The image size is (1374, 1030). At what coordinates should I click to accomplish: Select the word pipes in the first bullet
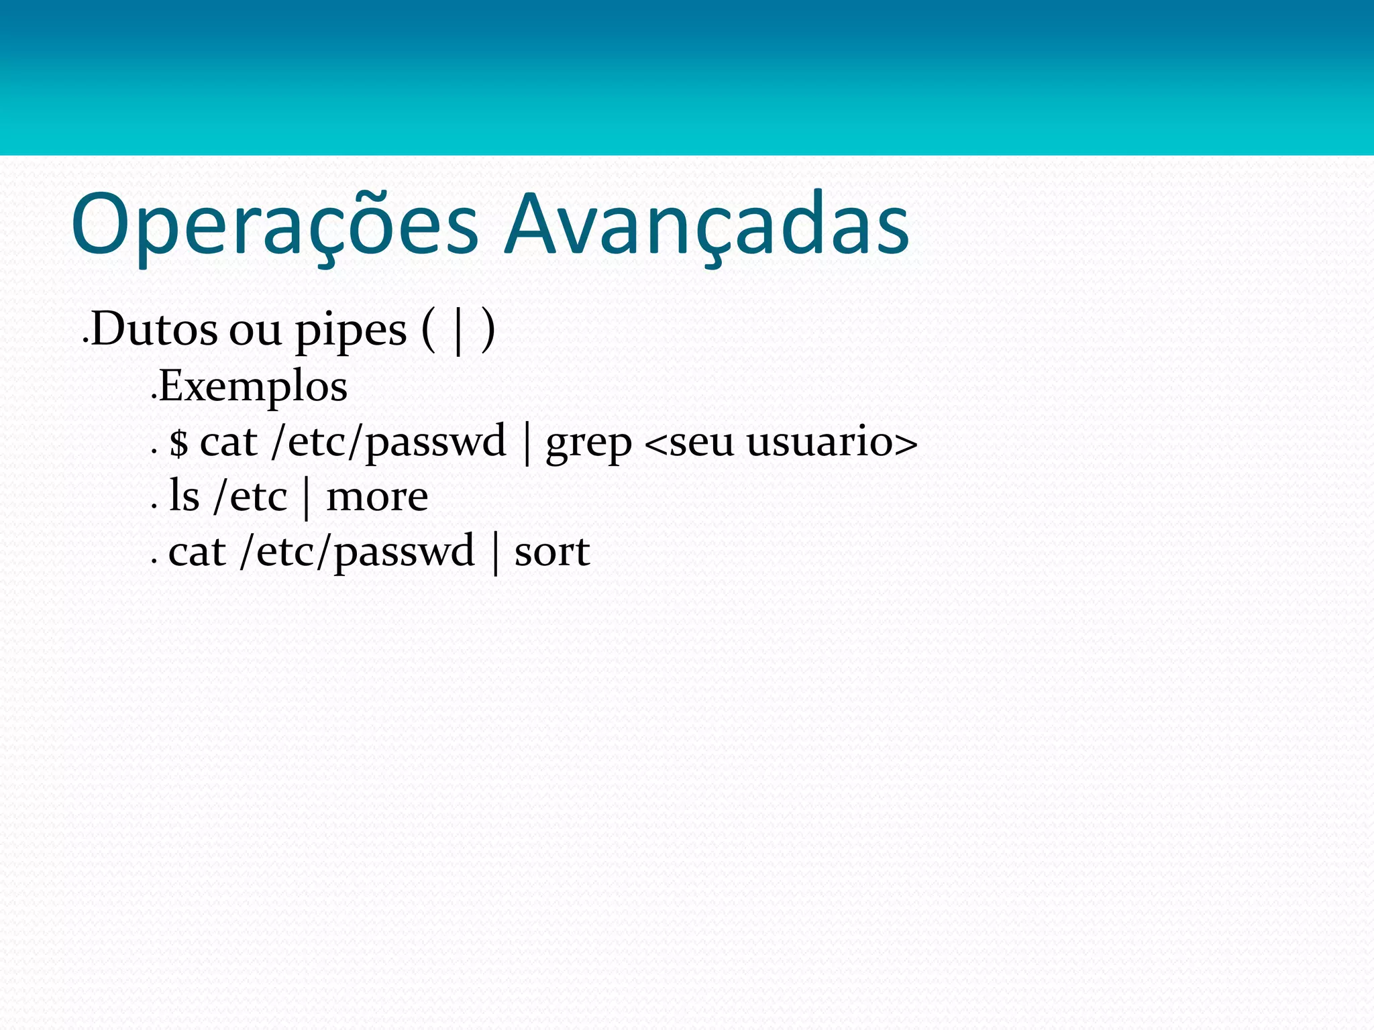(x=351, y=331)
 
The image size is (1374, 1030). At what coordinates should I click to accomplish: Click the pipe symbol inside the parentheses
(x=459, y=331)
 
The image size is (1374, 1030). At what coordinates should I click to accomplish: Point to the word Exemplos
(x=253, y=387)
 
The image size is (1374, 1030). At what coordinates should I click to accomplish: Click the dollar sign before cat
(x=178, y=443)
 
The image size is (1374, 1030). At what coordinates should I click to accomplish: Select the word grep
(x=588, y=443)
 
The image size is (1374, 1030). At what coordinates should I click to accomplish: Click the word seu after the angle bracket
(x=702, y=443)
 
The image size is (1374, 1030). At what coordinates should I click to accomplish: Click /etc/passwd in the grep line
(x=388, y=443)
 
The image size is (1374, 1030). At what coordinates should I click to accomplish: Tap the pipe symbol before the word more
(x=307, y=498)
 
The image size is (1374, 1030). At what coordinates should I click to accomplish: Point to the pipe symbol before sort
(x=495, y=553)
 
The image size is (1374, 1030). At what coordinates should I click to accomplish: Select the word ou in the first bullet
(x=256, y=331)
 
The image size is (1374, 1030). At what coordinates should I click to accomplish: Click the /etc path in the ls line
(x=250, y=497)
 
